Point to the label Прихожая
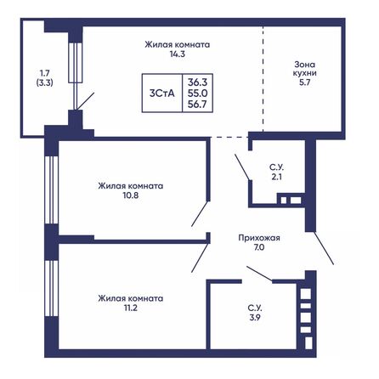tap(258, 239)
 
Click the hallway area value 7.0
tap(258, 251)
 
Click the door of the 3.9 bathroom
tap(258, 274)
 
